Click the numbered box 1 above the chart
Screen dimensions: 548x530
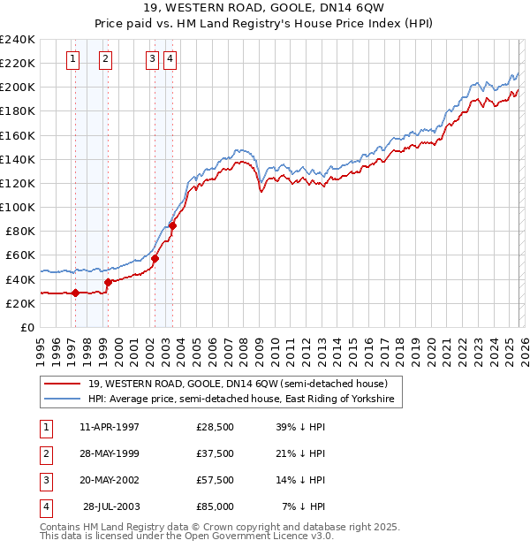pyautogui.click(x=72, y=59)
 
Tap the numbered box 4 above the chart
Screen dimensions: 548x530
pyautogui.click(x=170, y=59)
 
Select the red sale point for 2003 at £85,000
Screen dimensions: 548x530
pyautogui.click(x=173, y=225)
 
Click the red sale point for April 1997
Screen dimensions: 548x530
pyautogui.click(x=75, y=293)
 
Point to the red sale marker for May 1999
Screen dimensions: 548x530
pyautogui.click(x=109, y=282)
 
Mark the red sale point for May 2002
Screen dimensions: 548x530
pyautogui.click(x=155, y=258)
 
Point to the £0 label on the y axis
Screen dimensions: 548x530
pyautogui.click(x=27, y=327)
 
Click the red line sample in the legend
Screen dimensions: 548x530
pyautogui.click(x=62, y=384)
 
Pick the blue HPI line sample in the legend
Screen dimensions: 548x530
pyautogui.click(x=62, y=400)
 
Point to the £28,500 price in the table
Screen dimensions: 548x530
pyautogui.click(x=215, y=427)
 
